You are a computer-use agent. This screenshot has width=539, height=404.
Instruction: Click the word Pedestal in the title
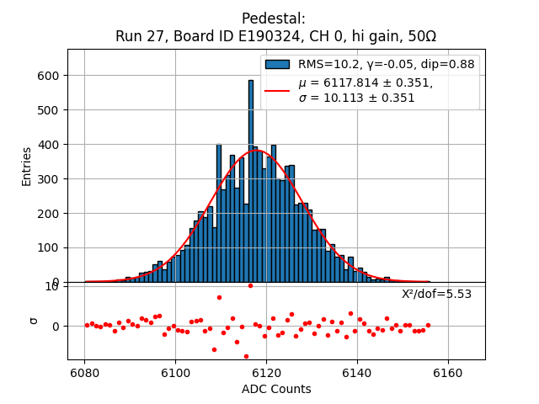coord(274,19)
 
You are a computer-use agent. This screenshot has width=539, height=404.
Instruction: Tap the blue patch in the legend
coord(277,64)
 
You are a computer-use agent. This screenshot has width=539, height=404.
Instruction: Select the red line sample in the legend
coord(277,90)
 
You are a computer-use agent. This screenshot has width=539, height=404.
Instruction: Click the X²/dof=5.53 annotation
coord(436,294)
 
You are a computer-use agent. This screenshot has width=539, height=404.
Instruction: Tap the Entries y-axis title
coord(27,166)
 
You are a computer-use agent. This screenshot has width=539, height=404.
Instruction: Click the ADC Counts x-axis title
coord(276,389)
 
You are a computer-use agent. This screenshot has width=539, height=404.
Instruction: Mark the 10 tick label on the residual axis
coord(51,286)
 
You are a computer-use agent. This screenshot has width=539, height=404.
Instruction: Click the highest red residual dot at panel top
coord(250,285)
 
